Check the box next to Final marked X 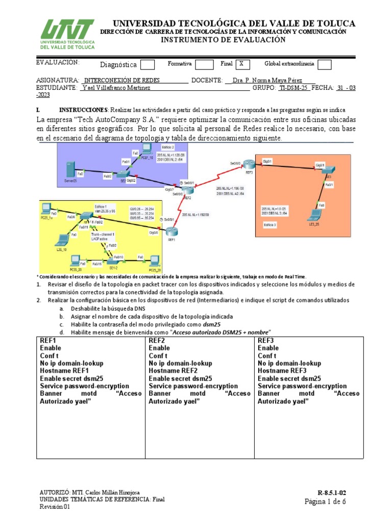243,64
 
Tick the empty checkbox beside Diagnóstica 147,65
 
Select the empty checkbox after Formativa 204,64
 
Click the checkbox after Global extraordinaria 324,64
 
